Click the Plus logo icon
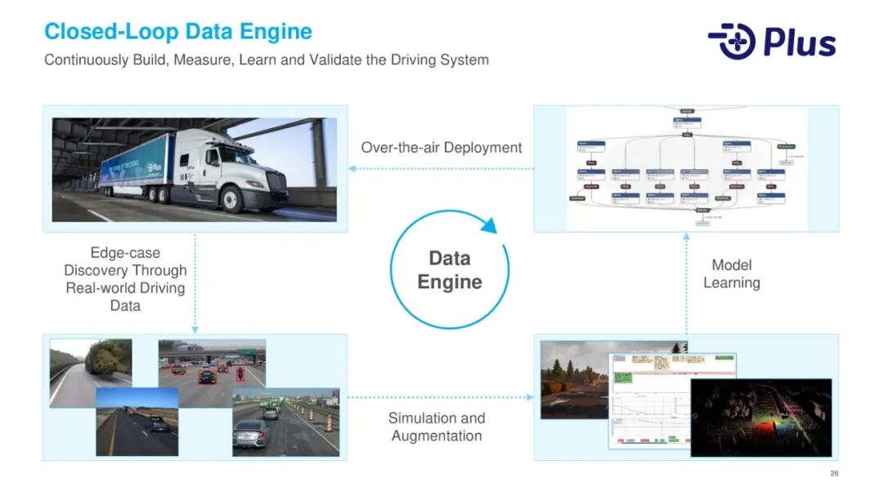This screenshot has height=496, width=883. click(733, 42)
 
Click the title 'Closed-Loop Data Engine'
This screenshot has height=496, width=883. click(178, 32)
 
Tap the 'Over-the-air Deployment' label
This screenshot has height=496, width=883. click(441, 148)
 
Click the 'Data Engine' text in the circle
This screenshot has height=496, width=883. click(450, 270)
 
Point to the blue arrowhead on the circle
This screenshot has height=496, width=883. click(489, 225)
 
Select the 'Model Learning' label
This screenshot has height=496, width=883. click(732, 274)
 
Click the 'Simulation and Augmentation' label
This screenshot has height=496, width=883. click(437, 427)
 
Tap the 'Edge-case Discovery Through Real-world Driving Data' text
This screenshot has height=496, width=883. click(125, 279)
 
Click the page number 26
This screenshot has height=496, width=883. click(834, 474)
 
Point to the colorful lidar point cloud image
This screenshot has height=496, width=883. click(760, 417)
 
